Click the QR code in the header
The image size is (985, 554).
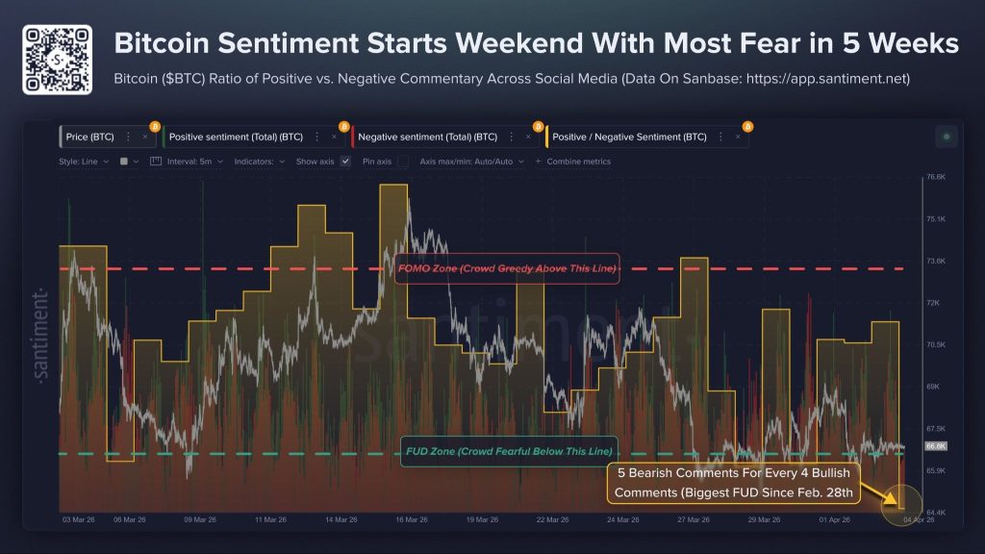point(58,60)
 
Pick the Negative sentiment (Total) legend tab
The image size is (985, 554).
point(425,138)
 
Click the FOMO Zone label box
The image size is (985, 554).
point(506,268)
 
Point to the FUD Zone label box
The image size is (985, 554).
point(506,452)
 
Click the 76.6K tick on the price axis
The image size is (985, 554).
point(937,178)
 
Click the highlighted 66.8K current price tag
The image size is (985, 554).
point(936,446)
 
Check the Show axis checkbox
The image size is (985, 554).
point(345,162)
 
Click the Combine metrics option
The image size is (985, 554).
point(577,162)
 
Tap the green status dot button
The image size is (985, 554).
point(947,138)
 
